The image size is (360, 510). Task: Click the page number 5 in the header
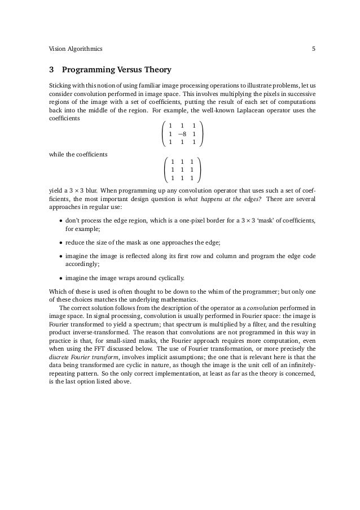313,49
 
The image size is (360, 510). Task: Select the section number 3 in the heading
52,71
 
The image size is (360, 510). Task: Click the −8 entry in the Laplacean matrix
181,133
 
